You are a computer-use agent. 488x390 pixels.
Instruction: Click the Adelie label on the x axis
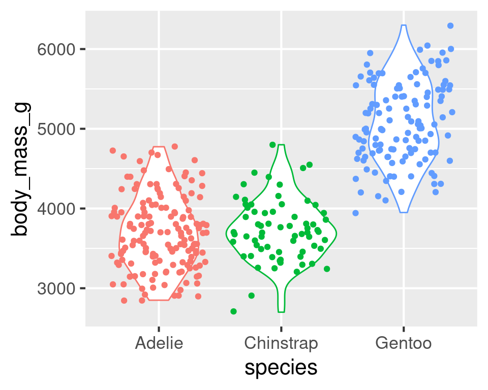(x=159, y=343)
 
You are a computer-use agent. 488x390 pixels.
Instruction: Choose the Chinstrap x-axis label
(x=281, y=343)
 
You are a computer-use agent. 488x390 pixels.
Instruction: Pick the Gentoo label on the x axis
(x=404, y=343)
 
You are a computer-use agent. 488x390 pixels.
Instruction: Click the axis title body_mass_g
(x=21, y=170)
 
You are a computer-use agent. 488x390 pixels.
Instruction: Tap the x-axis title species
(x=281, y=368)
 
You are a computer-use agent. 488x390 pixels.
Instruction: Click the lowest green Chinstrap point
(x=233, y=311)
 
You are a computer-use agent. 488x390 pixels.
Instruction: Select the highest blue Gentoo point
(x=450, y=25)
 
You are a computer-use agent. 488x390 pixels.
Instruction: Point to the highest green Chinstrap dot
(x=272, y=145)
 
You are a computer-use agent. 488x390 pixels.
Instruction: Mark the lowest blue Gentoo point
(x=355, y=213)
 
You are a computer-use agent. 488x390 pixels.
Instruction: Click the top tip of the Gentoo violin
(x=404, y=25)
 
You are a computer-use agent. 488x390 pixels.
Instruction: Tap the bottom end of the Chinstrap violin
(x=281, y=311)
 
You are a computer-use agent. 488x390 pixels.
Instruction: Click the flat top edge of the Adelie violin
(x=159, y=147)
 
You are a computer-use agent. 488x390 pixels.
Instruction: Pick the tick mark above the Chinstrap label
(x=281, y=329)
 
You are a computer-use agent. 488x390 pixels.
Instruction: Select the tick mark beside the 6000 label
(x=82, y=49)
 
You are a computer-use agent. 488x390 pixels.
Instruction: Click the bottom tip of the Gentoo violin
(x=404, y=212)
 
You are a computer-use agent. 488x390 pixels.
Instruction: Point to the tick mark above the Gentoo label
(x=404, y=329)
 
